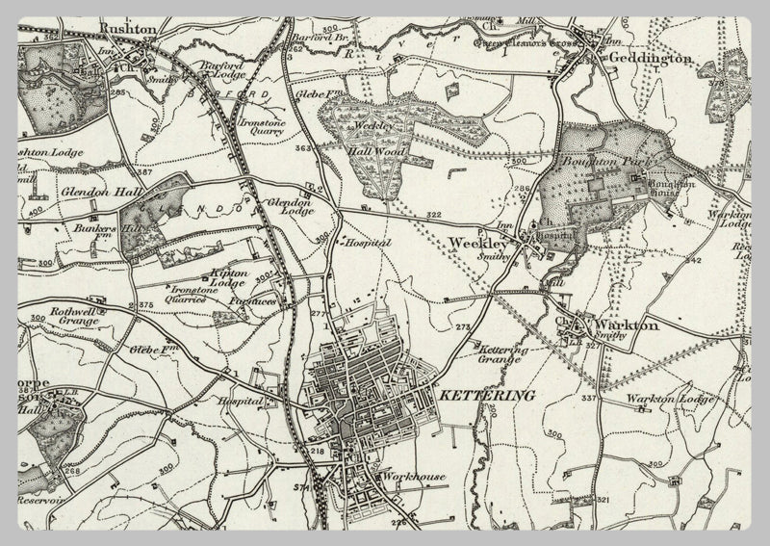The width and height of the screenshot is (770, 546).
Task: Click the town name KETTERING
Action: point(473,395)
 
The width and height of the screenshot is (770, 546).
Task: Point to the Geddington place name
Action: point(649,58)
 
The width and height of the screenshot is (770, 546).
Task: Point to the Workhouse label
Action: point(411,477)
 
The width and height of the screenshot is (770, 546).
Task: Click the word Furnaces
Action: point(247,301)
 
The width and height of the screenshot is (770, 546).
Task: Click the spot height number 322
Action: point(433,214)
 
